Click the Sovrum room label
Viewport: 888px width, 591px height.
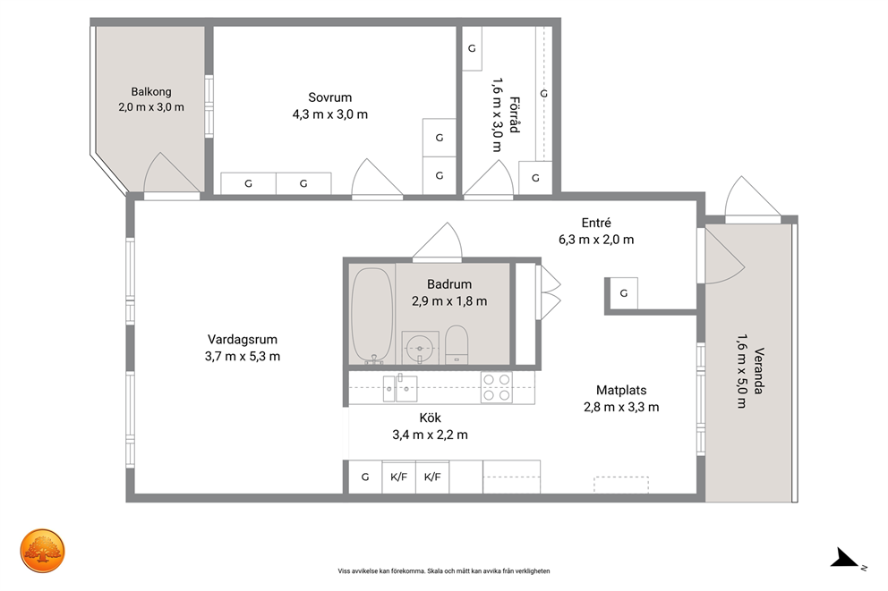click(329, 97)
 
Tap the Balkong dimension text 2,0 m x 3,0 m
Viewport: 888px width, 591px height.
click(151, 107)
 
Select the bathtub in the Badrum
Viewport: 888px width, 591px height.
click(371, 315)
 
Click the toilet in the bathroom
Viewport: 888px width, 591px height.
click(457, 344)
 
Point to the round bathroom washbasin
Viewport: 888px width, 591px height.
click(420, 346)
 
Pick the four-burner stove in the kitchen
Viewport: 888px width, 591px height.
click(497, 387)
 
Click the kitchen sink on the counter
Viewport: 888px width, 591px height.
click(400, 388)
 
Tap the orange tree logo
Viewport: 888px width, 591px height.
click(42, 551)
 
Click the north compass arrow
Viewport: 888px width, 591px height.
click(844, 558)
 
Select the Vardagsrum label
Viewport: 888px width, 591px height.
click(243, 340)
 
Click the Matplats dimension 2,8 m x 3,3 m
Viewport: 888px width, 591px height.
click(621, 407)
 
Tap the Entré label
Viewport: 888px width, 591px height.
click(596, 223)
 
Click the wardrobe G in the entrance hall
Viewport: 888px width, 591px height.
click(623, 293)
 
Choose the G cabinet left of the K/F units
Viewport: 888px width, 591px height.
click(365, 477)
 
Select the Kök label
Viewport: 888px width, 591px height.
click(431, 418)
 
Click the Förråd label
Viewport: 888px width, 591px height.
click(514, 114)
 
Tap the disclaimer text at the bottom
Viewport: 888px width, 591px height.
click(444, 571)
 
